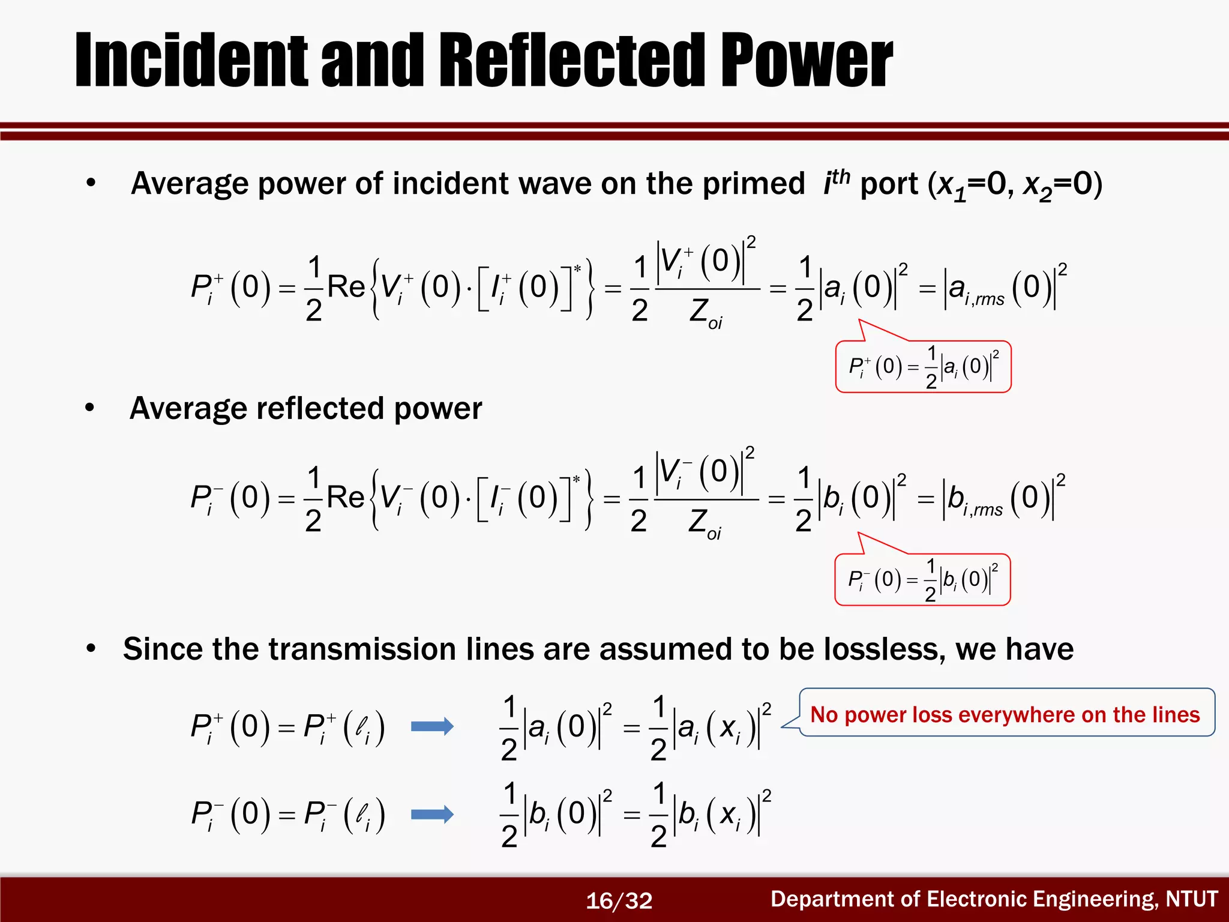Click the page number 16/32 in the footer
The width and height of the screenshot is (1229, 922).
tap(619, 900)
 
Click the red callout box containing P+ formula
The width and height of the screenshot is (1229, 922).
tap(923, 367)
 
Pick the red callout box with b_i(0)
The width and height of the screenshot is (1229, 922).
tap(922, 580)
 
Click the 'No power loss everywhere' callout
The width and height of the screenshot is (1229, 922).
tap(1006, 714)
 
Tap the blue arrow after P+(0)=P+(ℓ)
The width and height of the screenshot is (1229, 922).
tap(432, 727)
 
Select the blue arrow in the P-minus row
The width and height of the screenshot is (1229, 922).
tap(432, 815)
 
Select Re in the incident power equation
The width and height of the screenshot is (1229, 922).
tap(346, 287)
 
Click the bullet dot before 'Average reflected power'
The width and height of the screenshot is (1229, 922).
tap(90, 408)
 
